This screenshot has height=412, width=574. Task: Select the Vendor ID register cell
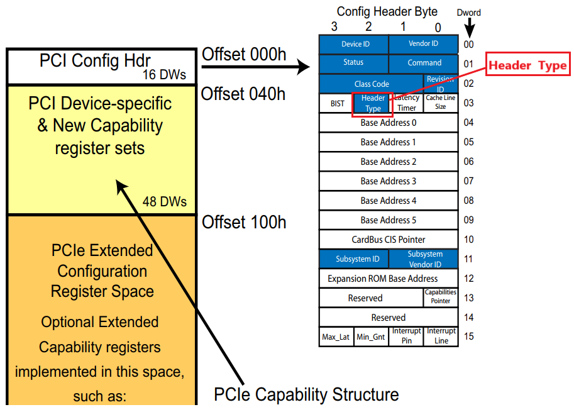424,44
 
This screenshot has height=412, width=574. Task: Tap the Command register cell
424,63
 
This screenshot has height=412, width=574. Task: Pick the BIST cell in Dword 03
337,103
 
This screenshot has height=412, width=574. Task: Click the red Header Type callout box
527,65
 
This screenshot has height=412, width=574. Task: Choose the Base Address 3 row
388,181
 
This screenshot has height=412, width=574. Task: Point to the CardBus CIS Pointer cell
388,240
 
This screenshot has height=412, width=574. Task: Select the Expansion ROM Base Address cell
382,278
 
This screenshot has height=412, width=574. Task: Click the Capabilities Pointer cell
441,297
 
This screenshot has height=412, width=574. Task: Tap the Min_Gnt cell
371,337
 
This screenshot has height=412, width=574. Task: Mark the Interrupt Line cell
441,336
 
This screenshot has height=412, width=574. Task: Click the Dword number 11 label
468,259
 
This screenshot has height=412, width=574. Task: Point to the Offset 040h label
243,94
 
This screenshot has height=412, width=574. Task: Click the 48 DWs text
165,202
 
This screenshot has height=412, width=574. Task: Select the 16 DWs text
165,75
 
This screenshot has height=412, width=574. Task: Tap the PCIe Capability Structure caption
306,395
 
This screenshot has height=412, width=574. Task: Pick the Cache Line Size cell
441,103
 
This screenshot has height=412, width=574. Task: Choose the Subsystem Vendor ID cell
424,259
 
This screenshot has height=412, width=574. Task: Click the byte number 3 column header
334,26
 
